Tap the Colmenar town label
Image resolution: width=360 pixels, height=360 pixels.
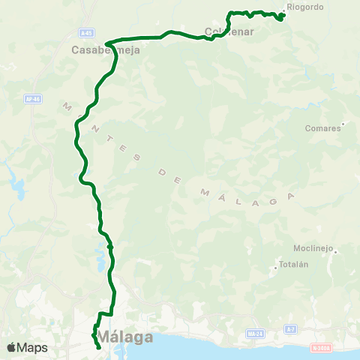pyautogui.click(x=229, y=32)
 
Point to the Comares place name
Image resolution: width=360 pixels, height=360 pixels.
pyautogui.click(x=323, y=128)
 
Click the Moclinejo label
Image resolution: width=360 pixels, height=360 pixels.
pyautogui.click(x=313, y=249)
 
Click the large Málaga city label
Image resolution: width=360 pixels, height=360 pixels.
pyautogui.click(x=126, y=337)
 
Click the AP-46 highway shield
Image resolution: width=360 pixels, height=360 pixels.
pyautogui.click(x=31, y=98)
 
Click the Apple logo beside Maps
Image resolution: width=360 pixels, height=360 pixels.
pyautogui.click(x=12, y=347)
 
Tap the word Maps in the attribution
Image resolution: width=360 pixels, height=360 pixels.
pyautogui.click(x=33, y=347)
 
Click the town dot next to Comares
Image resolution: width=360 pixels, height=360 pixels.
pyautogui.click(x=343, y=124)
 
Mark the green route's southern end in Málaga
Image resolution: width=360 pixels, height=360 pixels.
pyautogui.click(x=99, y=347)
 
